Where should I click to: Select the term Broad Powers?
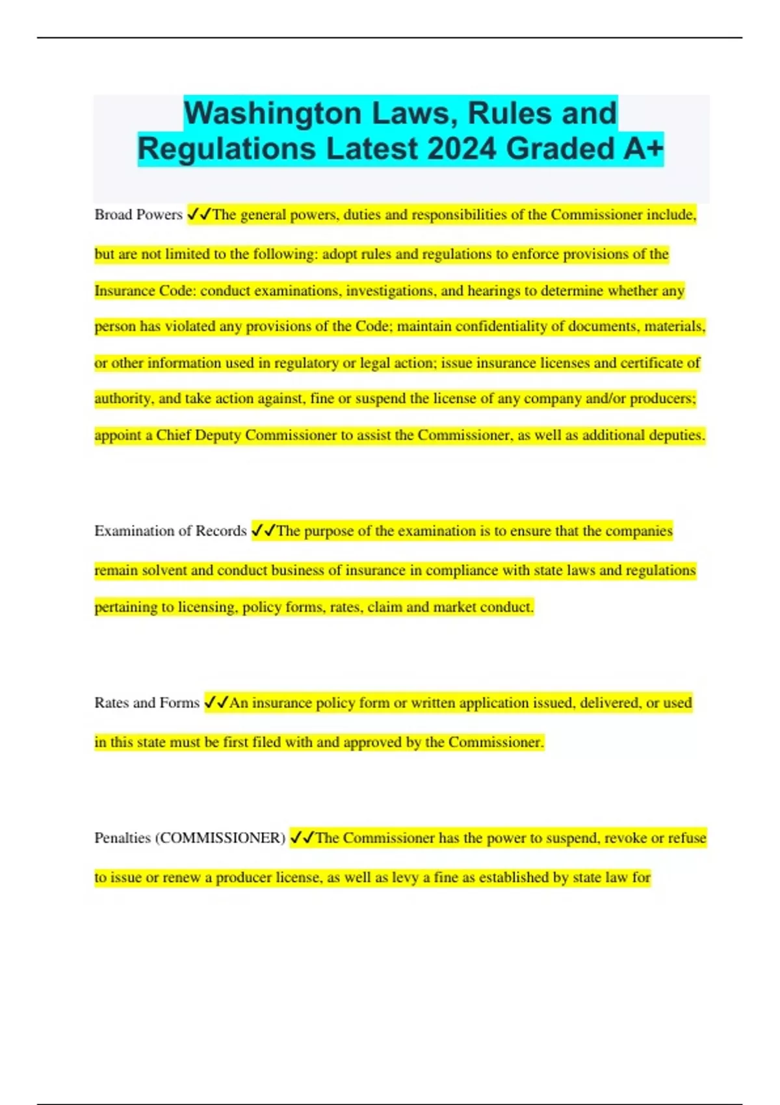[x=138, y=214]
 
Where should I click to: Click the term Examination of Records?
[x=170, y=531]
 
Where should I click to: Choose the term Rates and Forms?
[x=146, y=703]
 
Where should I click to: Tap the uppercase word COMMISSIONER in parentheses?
[x=220, y=838]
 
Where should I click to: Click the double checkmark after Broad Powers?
[x=199, y=214]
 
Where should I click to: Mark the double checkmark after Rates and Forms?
[x=216, y=702]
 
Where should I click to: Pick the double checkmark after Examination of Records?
[x=263, y=530]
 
